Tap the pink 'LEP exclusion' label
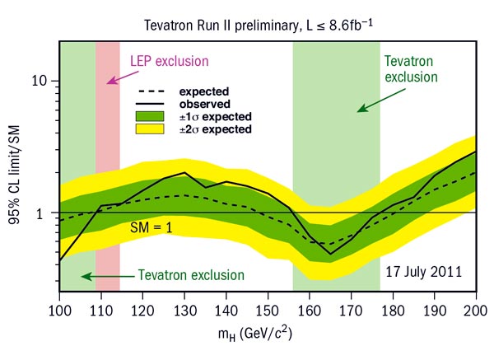click(x=170, y=61)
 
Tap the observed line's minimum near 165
click(x=330, y=254)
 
